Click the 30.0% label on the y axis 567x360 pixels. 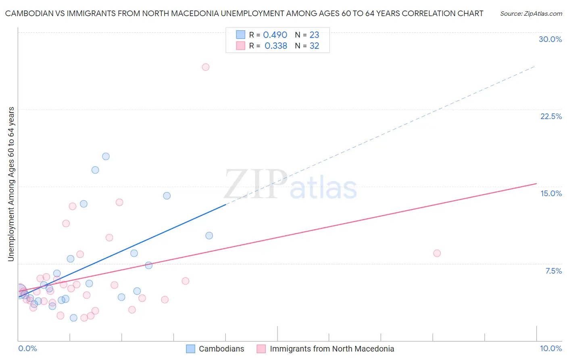pyautogui.click(x=550, y=39)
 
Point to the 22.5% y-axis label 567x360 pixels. pyautogui.click(x=551, y=116)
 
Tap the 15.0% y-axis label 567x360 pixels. pyautogui.click(x=551, y=193)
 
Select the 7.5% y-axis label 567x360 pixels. pyautogui.click(x=553, y=271)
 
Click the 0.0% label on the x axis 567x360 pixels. pyautogui.click(x=27, y=348)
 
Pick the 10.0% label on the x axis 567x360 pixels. pyautogui.click(x=550, y=348)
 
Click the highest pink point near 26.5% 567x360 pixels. pyautogui.click(x=206, y=67)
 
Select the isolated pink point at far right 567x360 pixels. pyautogui.click(x=437, y=253)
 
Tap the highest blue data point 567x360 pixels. pyautogui.click(x=106, y=156)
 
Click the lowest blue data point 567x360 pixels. pyautogui.click(x=73, y=318)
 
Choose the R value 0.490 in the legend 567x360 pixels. pyautogui.click(x=275, y=35)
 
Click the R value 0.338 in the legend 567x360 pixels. pyautogui.click(x=276, y=46)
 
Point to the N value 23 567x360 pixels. pyautogui.click(x=314, y=35)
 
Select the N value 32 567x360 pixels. pyautogui.click(x=314, y=46)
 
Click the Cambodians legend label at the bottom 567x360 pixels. pyautogui.click(x=221, y=349)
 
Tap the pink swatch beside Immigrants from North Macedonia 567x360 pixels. pyautogui.click(x=261, y=349)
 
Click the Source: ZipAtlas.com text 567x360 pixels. pyautogui.click(x=531, y=14)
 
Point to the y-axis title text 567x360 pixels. pyautogui.click(x=11, y=184)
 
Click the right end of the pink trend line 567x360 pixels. pyautogui.click(x=536, y=184)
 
